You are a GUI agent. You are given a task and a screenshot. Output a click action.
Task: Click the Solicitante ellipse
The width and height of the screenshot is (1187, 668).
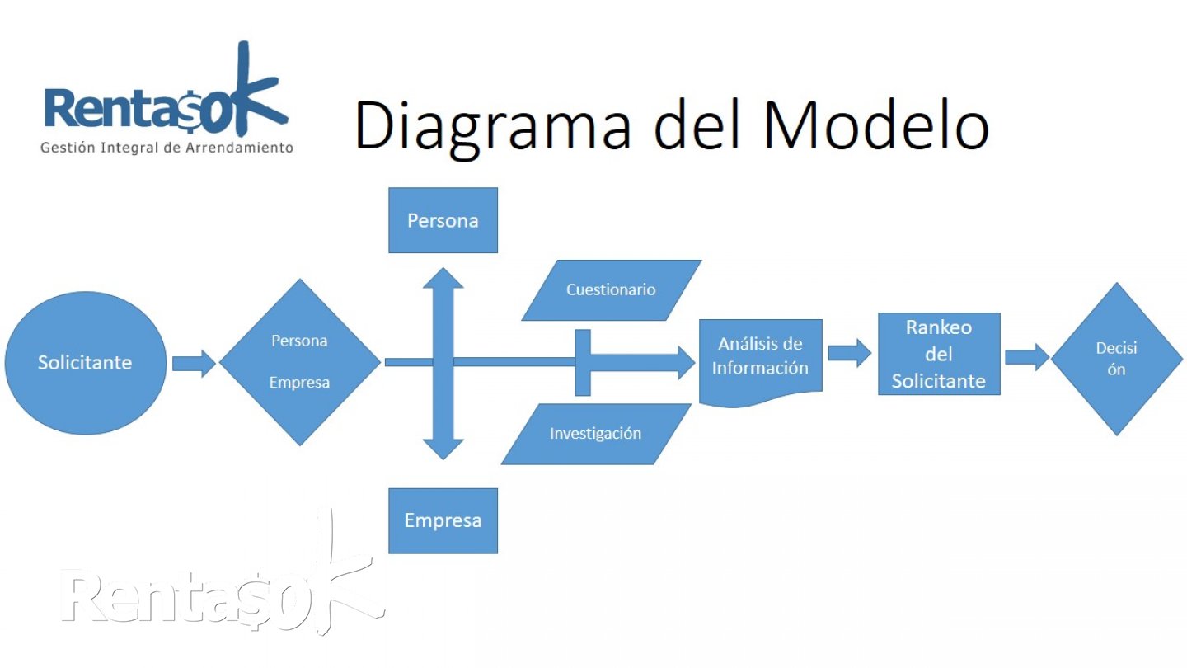(x=85, y=363)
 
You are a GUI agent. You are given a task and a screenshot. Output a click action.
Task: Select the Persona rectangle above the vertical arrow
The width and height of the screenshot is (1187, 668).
(x=443, y=220)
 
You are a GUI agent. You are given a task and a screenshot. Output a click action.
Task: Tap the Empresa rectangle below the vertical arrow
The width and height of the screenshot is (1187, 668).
(x=443, y=520)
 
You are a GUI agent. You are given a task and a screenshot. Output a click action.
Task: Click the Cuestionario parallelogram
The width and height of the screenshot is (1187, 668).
(x=611, y=290)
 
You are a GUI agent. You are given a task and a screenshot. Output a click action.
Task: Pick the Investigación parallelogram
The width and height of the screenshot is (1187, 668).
(x=595, y=434)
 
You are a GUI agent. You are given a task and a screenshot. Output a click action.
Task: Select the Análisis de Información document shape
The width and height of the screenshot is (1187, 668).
(x=760, y=359)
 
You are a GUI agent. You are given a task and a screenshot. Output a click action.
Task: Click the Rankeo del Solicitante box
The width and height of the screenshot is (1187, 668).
(x=938, y=354)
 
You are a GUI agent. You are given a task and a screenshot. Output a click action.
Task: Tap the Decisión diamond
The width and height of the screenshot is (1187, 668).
(x=1116, y=359)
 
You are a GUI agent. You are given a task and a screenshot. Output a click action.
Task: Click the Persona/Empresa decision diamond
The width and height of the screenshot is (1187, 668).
(x=299, y=362)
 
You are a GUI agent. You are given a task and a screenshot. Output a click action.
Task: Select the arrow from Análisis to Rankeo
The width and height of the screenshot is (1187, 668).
(x=849, y=353)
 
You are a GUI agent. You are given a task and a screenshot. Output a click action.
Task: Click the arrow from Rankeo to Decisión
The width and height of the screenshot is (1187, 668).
(x=1026, y=357)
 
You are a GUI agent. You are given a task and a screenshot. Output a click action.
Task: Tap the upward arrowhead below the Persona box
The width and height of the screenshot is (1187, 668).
(x=443, y=280)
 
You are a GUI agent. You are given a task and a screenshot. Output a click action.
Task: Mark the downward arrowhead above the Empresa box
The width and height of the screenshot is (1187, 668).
(x=443, y=448)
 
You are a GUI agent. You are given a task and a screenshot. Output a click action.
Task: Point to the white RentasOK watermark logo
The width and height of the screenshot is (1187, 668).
(x=223, y=594)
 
